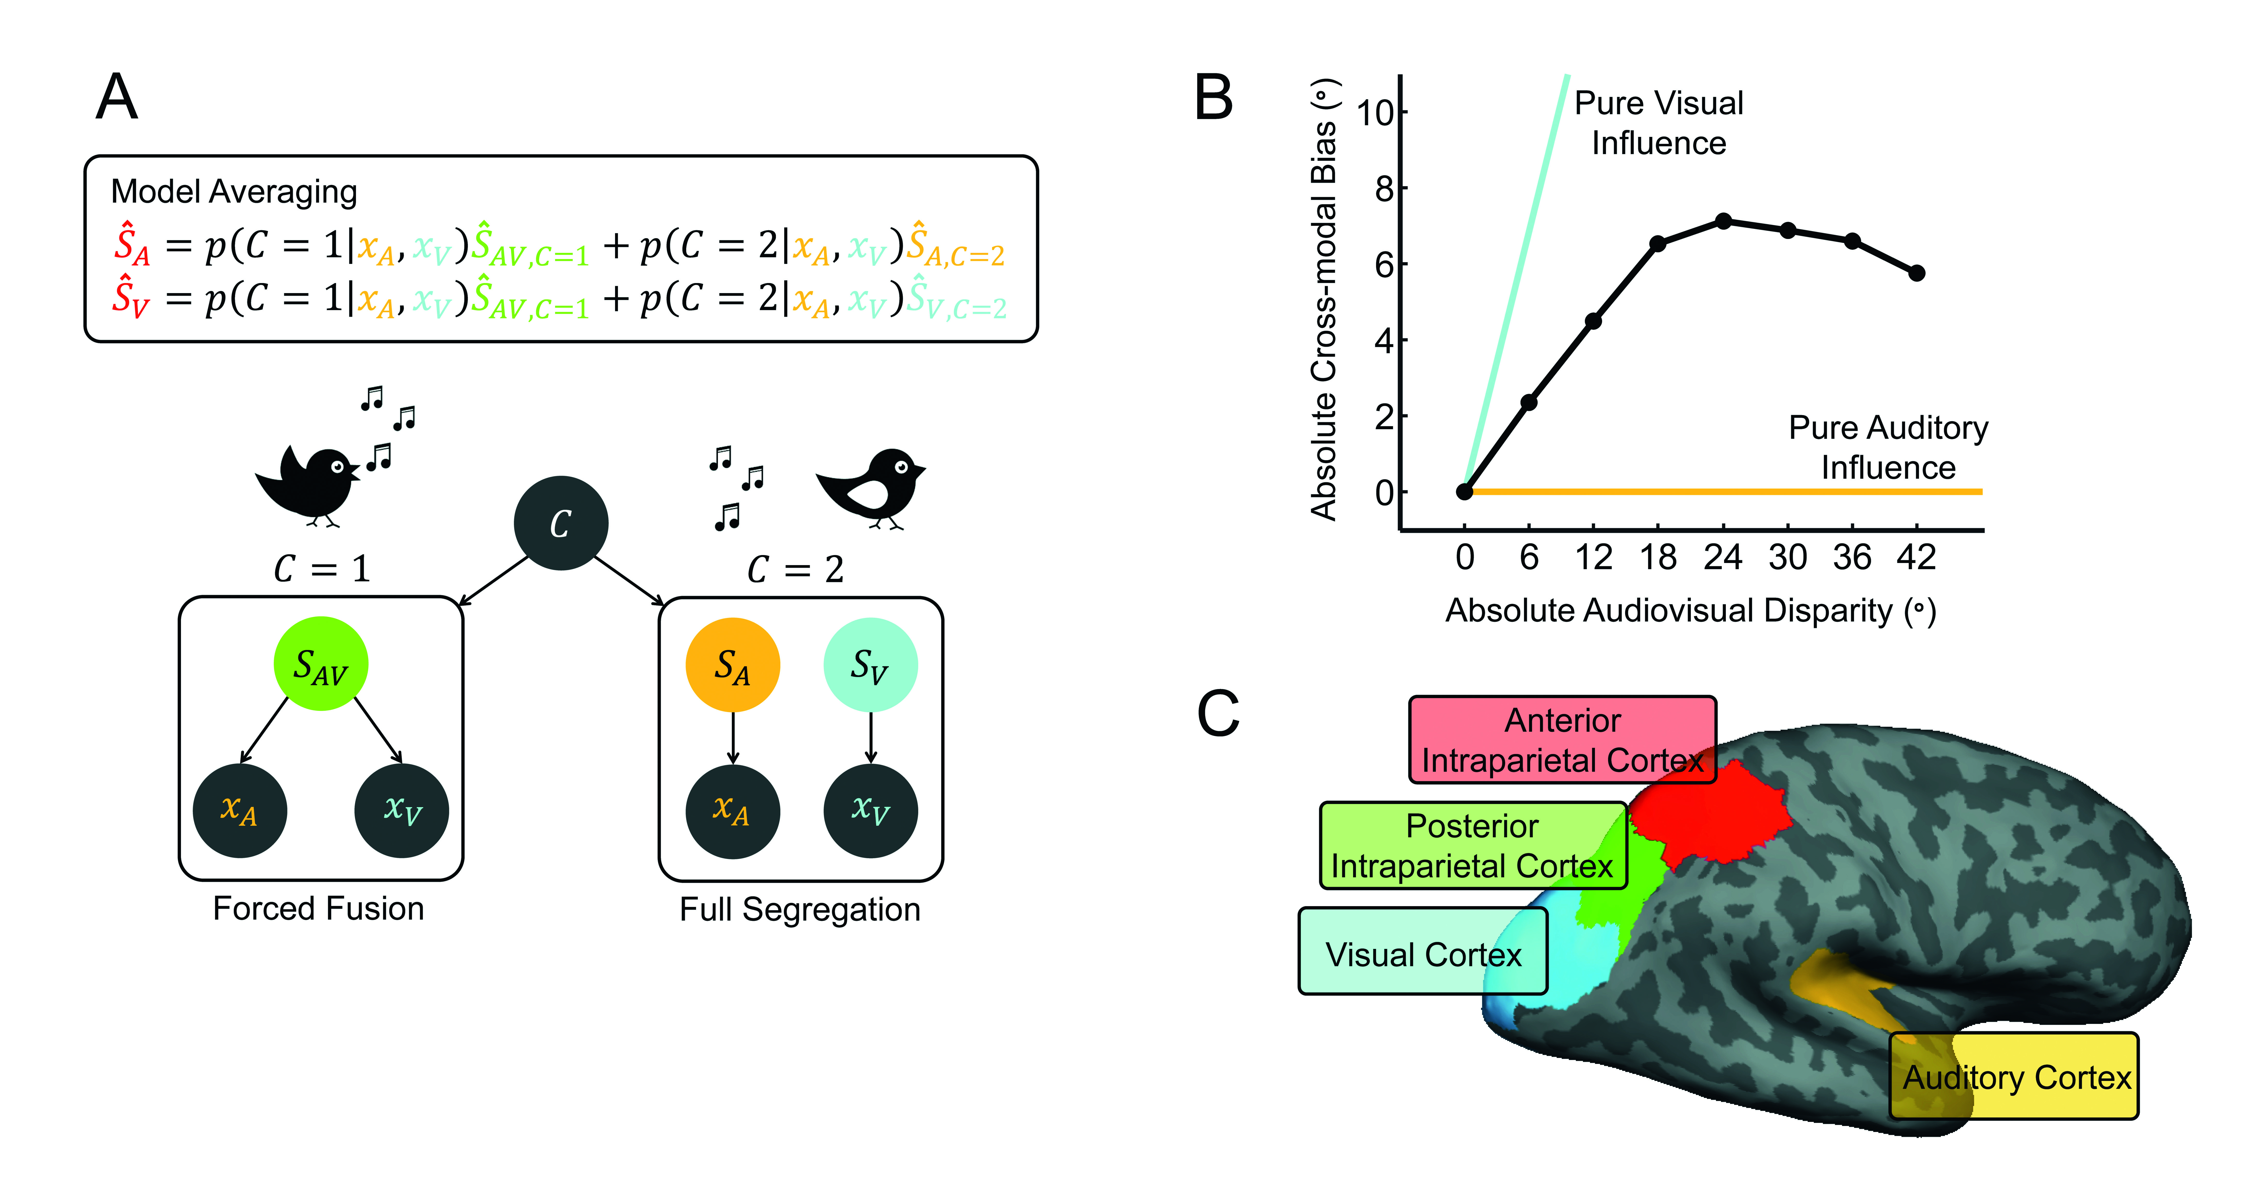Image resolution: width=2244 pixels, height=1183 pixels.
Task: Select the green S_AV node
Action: coord(321,664)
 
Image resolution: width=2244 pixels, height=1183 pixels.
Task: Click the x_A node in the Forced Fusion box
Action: coord(239,810)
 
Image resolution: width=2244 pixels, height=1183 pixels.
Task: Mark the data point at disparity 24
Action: coord(1723,221)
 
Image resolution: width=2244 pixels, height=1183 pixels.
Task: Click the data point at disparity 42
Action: coord(1916,273)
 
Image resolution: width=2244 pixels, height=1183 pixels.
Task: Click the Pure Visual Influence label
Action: coord(1659,123)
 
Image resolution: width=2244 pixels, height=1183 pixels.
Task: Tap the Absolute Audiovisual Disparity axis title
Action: coord(1690,611)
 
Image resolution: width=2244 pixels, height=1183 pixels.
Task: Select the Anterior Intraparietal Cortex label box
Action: coord(1562,740)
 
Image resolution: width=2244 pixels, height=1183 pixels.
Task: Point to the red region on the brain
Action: coord(1707,815)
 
